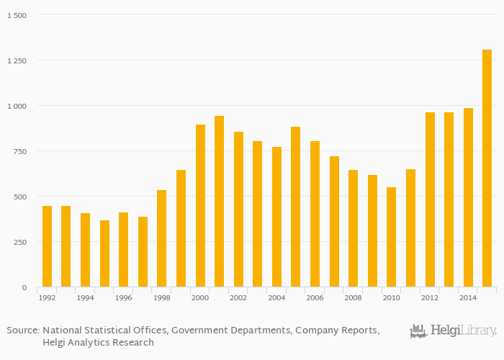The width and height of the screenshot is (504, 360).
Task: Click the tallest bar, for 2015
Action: [487, 168]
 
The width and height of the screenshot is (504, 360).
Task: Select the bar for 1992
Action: [47, 246]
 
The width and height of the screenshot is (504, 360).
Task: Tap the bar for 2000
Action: [200, 206]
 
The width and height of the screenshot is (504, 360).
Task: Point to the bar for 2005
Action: [296, 207]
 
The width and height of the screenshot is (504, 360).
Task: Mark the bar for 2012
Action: [430, 199]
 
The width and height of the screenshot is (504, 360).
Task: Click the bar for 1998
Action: [162, 238]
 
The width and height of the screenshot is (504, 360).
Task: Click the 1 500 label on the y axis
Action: [16, 15]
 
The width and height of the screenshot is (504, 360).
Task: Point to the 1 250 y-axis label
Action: [16, 60]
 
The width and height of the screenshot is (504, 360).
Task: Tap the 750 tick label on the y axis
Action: [19, 151]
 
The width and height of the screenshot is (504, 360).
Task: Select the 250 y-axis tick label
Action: [19, 242]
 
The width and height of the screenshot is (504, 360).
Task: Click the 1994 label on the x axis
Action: [86, 297]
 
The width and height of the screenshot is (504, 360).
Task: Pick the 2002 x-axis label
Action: [238, 297]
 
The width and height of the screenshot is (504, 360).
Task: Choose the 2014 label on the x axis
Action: [468, 297]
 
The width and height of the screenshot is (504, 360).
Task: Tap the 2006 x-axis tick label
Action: [315, 297]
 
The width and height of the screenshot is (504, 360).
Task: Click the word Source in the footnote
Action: [22, 330]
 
